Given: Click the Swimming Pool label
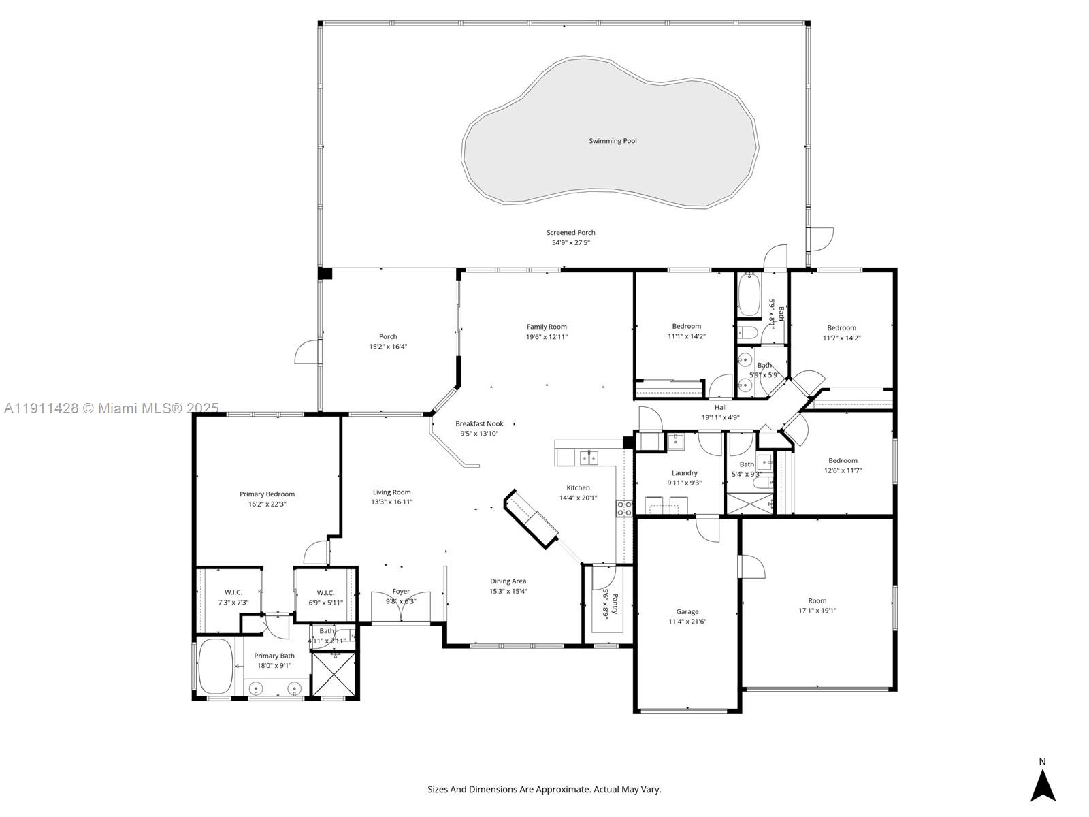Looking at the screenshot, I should coord(613,141).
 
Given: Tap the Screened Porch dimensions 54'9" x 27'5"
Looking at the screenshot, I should coord(570,242).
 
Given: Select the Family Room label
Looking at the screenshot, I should coord(547,327).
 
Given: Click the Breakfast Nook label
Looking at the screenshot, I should coord(479,423).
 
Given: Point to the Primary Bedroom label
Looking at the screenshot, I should coord(267,494).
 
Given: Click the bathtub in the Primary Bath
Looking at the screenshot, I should coord(215,666).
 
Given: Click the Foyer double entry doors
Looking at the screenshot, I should coord(401,607).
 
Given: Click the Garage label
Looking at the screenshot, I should coord(687,611).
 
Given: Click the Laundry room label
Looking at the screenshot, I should coord(684,472).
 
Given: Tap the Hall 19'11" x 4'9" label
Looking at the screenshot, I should coord(720,412).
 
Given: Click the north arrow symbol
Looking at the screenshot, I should coord(1042,784).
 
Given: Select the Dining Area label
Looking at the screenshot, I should coord(508,581).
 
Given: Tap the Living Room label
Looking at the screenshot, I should coord(391,492).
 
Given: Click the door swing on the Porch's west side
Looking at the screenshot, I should coord(306,352).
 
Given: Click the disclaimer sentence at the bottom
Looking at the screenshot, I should coord(544,790).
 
